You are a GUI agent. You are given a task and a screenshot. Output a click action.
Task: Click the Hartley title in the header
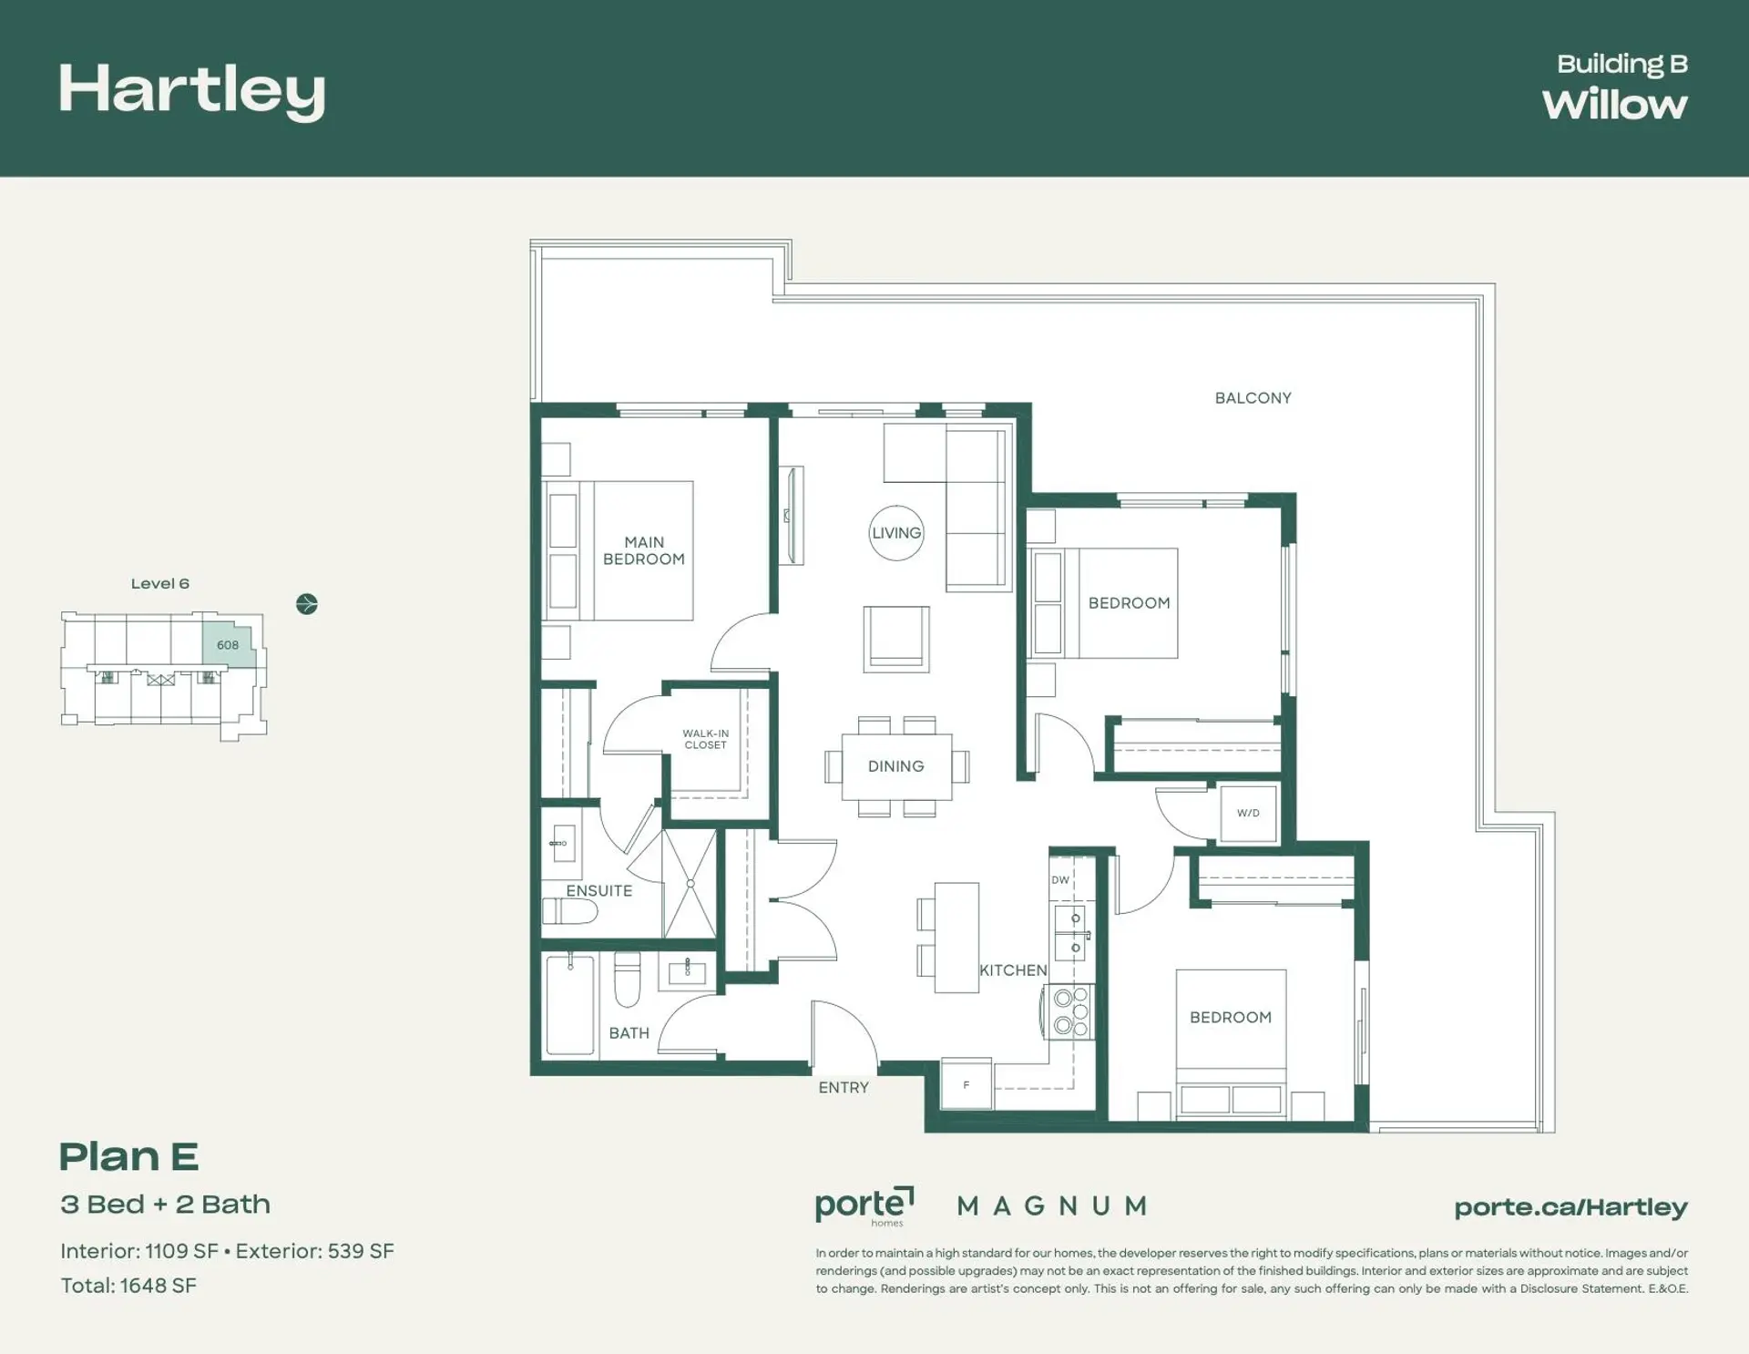[x=192, y=91]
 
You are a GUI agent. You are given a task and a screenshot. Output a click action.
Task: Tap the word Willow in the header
[x=1614, y=105]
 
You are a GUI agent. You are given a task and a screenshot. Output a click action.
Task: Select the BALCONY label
[x=1253, y=398]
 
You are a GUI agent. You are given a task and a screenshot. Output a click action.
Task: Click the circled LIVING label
[x=896, y=533]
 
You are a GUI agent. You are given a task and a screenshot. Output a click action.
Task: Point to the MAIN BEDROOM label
[x=644, y=550]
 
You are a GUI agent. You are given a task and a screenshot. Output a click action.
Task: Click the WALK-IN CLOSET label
[x=706, y=739]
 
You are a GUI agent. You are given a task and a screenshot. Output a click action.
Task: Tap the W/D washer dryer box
[x=1249, y=813]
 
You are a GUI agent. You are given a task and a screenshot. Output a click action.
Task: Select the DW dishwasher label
[x=1060, y=880]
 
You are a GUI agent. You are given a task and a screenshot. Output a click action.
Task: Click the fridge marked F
[x=967, y=1084]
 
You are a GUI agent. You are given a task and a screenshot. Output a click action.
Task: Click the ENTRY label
[x=844, y=1088]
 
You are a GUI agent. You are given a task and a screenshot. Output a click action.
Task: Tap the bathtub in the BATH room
[x=570, y=1005]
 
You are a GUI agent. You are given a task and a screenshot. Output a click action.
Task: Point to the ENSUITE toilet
[x=569, y=910]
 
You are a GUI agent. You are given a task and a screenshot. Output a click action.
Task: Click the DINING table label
[x=896, y=766]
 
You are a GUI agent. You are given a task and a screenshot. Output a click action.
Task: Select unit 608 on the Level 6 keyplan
[x=228, y=645]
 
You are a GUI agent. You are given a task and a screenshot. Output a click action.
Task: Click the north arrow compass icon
[x=307, y=604]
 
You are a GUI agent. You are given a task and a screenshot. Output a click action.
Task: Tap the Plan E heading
[x=129, y=1157]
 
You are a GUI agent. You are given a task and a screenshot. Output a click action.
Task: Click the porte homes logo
[x=864, y=1206]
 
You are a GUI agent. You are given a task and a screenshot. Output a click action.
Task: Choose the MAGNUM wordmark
[x=1052, y=1206]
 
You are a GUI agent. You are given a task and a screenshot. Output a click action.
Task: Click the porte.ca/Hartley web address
[x=1571, y=1208]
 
